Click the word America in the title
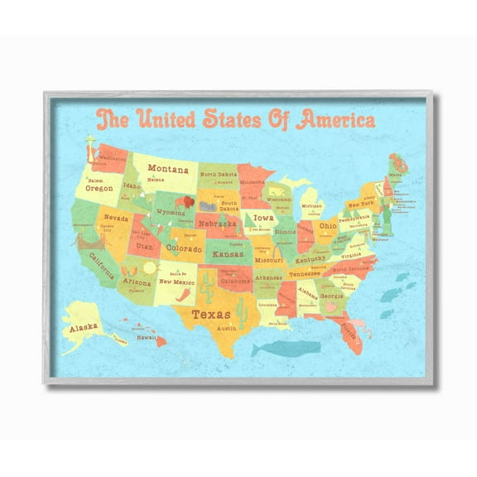point(330,119)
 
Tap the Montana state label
point(168,169)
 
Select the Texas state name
point(211,314)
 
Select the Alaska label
point(83,326)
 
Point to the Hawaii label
point(147,337)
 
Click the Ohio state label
point(328,225)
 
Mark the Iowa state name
point(263,219)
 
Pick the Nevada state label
point(116,219)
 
